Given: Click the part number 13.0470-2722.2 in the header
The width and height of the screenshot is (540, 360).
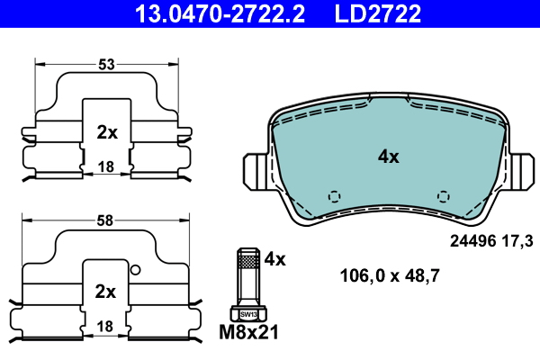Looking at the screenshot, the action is [x=220, y=13].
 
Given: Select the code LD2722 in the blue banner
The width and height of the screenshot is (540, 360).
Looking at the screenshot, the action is [x=377, y=13].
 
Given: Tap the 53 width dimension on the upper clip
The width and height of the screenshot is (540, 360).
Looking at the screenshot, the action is [x=106, y=65].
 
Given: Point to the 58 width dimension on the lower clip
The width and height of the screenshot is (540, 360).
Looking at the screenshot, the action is [x=104, y=220].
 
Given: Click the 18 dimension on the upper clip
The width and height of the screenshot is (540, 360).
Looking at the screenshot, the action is [x=105, y=167].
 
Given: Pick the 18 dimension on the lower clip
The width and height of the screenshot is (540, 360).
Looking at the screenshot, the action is [x=104, y=326].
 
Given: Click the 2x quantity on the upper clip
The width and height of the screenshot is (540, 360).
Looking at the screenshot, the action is [x=107, y=132].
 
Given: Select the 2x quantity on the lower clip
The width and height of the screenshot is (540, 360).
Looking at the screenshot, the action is [x=105, y=292].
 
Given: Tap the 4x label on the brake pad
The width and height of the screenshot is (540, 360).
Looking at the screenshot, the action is [x=389, y=157].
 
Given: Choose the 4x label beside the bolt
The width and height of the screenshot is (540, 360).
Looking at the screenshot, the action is [x=274, y=259].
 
